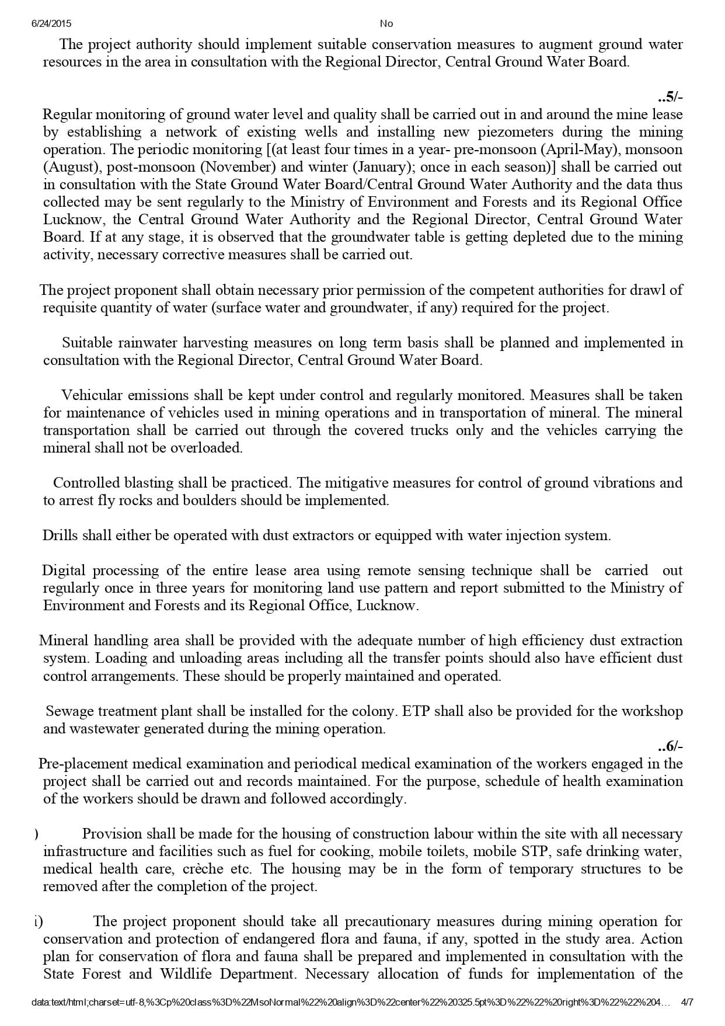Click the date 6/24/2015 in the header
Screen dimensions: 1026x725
click(x=51, y=23)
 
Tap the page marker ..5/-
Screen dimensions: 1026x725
click(x=670, y=97)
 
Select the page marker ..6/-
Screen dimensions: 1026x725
click(x=670, y=746)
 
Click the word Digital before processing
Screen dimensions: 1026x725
click(x=65, y=571)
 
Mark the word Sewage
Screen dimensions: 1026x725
click(x=69, y=711)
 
